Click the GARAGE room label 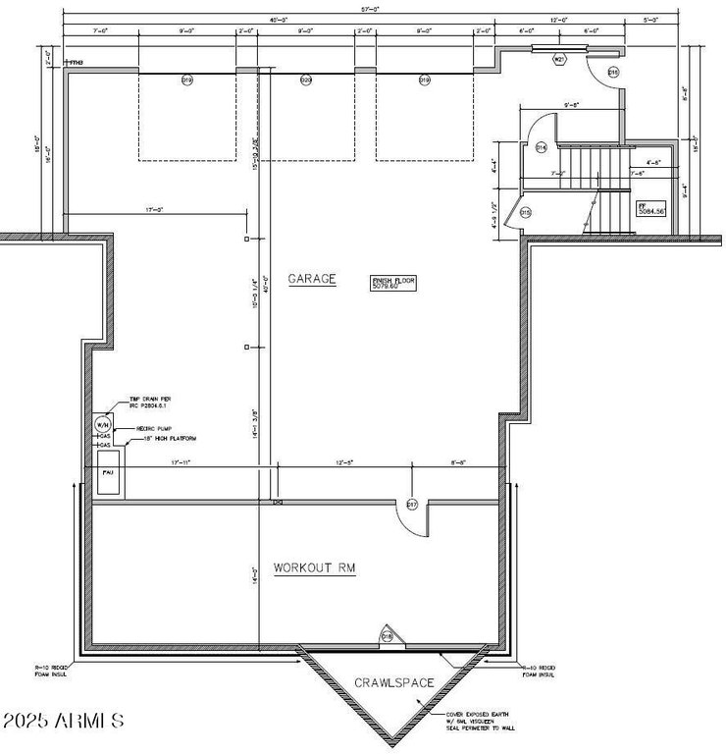point(311,279)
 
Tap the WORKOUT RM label point(314,567)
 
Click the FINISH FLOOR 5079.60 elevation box point(393,283)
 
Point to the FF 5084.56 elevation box point(652,209)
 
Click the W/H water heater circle point(103,424)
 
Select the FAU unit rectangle point(109,471)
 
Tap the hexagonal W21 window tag point(559,60)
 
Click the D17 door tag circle point(412,505)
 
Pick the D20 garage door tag point(306,80)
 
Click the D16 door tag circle point(613,73)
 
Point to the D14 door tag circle point(541,147)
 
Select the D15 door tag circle point(525,212)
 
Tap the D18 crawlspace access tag point(387,636)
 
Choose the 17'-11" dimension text point(180,462)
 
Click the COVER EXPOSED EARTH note point(476,718)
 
